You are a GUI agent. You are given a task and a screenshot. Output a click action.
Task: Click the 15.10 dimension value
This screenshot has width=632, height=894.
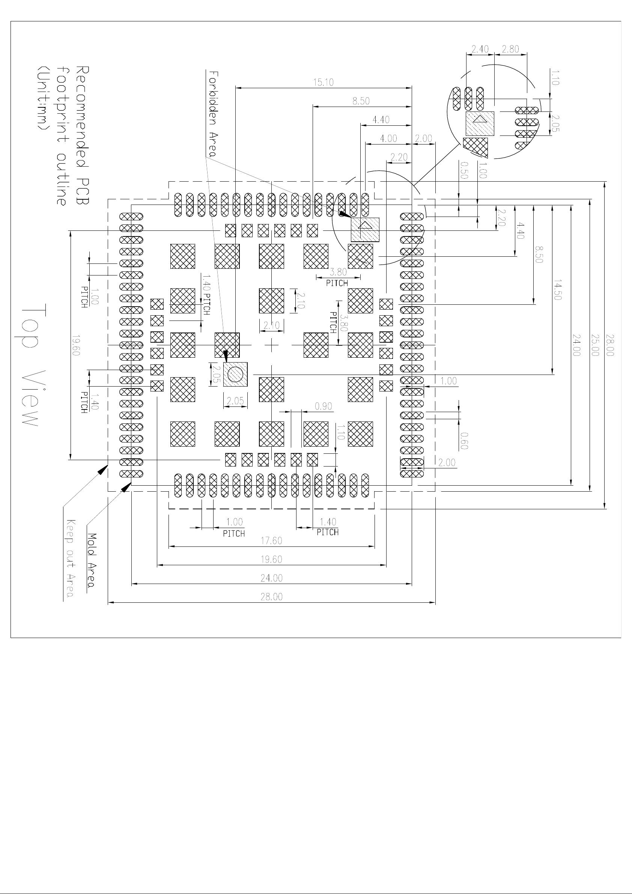pos(324,83)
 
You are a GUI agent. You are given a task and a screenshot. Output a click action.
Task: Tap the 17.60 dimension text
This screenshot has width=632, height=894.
pos(271,541)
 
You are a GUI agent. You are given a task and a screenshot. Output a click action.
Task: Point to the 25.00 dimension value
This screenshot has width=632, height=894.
pos(595,345)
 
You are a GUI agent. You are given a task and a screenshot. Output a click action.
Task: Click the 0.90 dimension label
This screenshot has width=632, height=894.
pos(323,406)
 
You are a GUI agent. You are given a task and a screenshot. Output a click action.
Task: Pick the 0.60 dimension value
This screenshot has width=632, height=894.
pos(463,441)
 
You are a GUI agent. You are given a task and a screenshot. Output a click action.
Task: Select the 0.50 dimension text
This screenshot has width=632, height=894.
pos(464,170)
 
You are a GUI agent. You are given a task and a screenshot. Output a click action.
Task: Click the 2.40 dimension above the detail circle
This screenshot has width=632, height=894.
pos(480,49)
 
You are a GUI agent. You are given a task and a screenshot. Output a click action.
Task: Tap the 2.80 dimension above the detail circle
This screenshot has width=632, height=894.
pos(510,49)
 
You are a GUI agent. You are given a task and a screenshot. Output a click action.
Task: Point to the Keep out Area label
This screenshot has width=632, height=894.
pos(71,558)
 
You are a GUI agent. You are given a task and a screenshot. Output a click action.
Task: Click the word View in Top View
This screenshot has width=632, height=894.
pos(30,397)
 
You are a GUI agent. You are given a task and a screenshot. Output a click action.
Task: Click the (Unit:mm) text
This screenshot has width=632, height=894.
pos(42,99)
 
